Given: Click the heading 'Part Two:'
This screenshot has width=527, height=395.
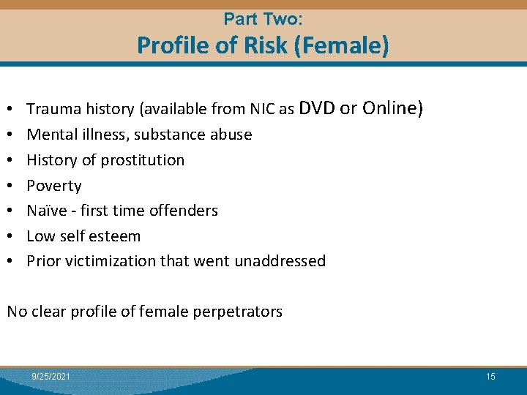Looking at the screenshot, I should [263, 18].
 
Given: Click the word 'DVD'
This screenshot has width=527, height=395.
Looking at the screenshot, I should [317, 108].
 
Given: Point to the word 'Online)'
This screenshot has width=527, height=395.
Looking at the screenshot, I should [392, 108].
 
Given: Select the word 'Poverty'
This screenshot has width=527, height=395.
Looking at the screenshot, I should [54, 186].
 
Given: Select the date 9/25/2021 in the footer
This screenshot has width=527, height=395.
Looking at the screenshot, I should [51, 377].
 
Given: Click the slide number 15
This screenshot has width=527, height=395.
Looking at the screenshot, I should [490, 377].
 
